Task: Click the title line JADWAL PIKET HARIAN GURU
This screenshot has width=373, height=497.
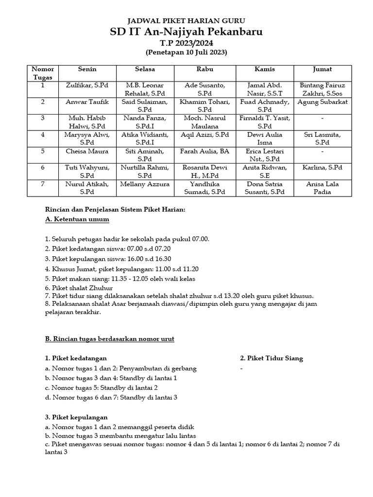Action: point(186,21)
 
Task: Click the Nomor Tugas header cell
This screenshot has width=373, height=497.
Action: point(43,73)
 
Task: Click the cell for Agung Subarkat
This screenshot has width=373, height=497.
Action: point(322,102)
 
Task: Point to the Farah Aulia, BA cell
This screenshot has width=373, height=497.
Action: point(204,151)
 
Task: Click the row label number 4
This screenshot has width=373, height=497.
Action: point(43,135)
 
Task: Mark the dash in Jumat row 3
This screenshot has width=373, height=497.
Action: point(322,118)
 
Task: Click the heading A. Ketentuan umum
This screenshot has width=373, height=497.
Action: point(77,219)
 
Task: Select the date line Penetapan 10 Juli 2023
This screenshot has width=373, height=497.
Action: point(186,52)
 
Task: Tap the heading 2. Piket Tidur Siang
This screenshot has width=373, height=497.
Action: point(271,358)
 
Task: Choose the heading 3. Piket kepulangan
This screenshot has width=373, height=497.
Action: point(76,417)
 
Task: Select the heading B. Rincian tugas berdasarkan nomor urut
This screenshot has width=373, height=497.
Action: point(109,338)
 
